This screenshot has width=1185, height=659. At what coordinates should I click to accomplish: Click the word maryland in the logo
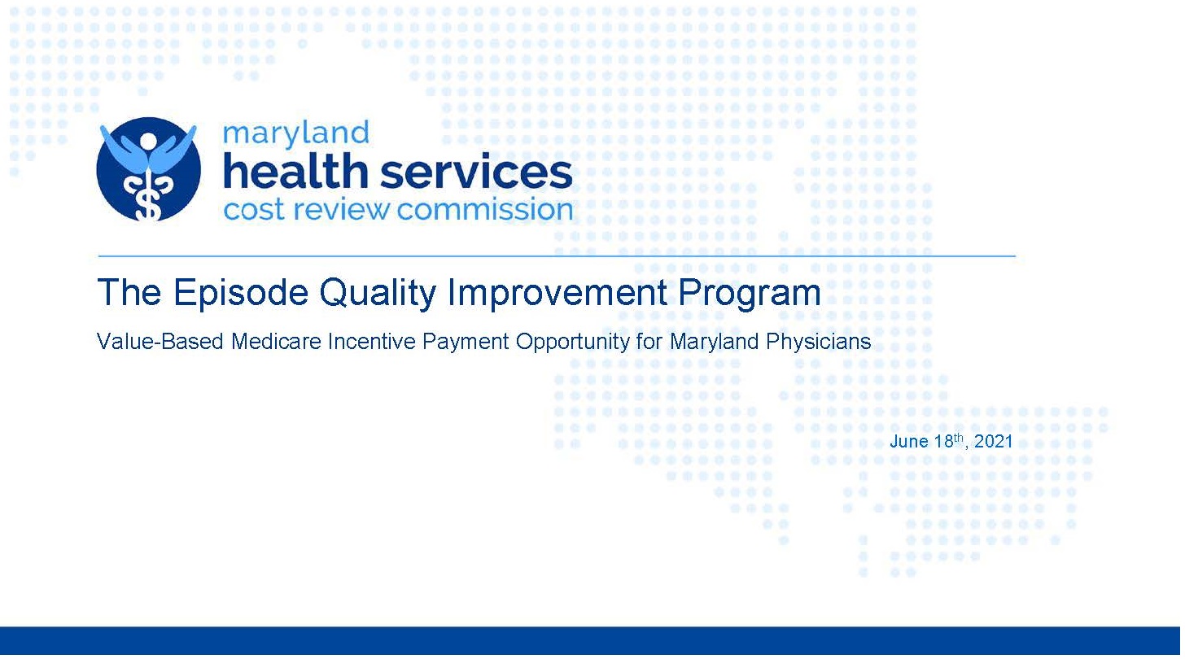295,134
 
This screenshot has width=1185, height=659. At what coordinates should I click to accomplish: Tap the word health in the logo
295,171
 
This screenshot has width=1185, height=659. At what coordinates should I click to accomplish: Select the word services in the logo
476,173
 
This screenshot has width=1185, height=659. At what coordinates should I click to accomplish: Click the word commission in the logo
485,210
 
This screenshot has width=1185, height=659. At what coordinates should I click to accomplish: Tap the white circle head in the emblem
149,142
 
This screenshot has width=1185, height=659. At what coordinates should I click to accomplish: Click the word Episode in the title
241,293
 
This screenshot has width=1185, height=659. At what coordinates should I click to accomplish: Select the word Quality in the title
378,293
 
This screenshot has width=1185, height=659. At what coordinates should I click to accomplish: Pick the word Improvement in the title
558,293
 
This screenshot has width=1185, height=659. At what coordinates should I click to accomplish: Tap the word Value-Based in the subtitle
160,341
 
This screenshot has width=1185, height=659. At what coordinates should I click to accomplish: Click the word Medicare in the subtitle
276,341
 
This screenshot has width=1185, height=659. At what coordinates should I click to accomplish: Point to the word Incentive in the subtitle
371,341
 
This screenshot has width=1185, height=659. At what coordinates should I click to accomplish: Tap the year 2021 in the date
993,442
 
